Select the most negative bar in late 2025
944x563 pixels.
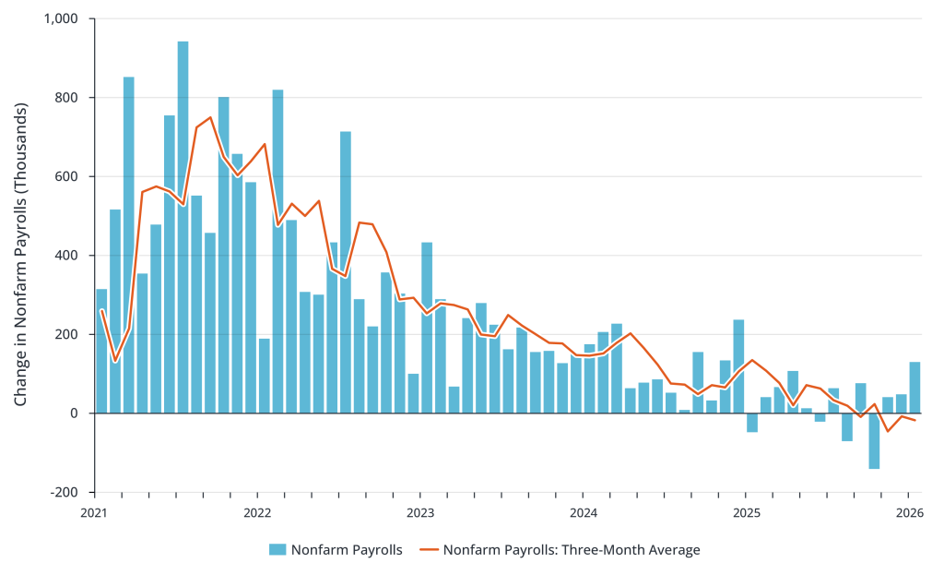874,441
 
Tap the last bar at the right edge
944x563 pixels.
914,388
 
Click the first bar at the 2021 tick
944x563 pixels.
101,351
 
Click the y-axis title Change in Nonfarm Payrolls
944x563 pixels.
21,255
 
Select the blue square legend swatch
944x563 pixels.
277,550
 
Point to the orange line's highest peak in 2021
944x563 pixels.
210,117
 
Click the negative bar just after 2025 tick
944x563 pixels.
752,423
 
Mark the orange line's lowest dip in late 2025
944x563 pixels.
888,431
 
